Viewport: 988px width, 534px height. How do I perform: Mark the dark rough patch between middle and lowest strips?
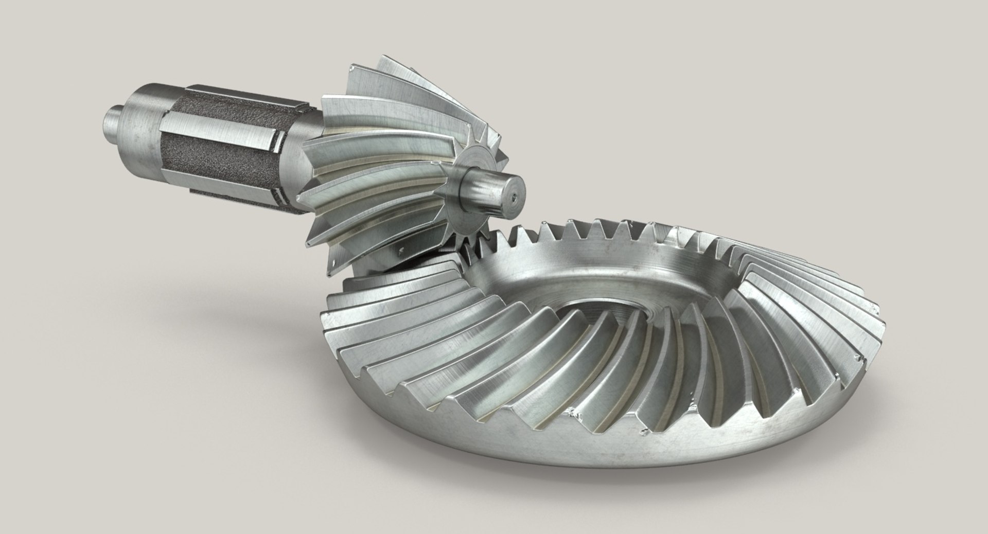click(x=216, y=167)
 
